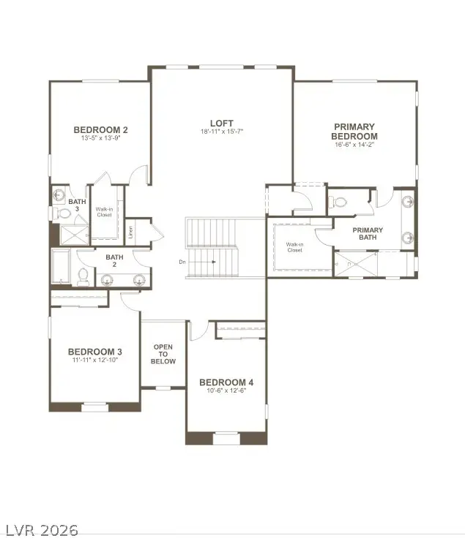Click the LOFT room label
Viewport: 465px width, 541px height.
pyautogui.click(x=221, y=123)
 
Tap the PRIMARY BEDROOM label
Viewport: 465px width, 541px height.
pyautogui.click(x=354, y=132)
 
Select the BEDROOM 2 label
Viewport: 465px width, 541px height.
pyautogui.click(x=101, y=130)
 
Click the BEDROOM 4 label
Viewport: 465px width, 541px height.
pyautogui.click(x=226, y=382)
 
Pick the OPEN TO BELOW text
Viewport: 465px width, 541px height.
pyautogui.click(x=163, y=354)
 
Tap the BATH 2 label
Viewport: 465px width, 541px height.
pyautogui.click(x=115, y=257)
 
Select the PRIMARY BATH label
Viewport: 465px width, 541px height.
pyautogui.click(x=368, y=234)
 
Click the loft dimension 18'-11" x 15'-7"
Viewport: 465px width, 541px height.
pyautogui.click(x=221, y=132)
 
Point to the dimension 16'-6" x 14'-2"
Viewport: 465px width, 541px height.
pyautogui.click(x=354, y=145)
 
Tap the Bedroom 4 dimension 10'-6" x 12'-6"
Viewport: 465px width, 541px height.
pyautogui.click(x=226, y=390)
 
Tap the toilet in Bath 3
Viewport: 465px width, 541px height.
pyautogui.click(x=59, y=213)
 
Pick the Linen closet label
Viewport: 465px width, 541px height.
pyautogui.click(x=131, y=232)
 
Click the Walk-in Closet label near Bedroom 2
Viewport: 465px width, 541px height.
pyautogui.click(x=104, y=212)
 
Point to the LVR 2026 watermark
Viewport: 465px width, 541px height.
pyautogui.click(x=42, y=529)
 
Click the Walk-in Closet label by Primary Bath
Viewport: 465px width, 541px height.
pyautogui.click(x=294, y=247)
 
